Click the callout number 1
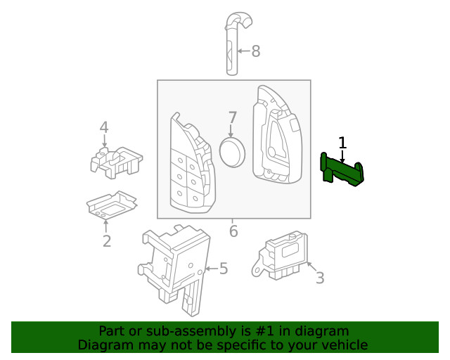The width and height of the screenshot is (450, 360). (342, 143)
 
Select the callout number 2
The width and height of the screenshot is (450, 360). (106, 242)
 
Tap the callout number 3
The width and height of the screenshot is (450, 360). (319, 278)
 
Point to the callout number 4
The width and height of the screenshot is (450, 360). (104, 128)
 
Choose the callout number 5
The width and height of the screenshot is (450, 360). (224, 269)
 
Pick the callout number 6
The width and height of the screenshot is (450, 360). (233, 231)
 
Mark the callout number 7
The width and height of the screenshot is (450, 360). (232, 118)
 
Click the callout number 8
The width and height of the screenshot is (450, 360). (255, 51)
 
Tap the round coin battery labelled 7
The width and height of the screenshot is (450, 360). (233, 153)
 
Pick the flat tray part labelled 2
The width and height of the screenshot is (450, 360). (110, 205)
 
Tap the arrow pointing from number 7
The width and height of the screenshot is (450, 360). (232, 131)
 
